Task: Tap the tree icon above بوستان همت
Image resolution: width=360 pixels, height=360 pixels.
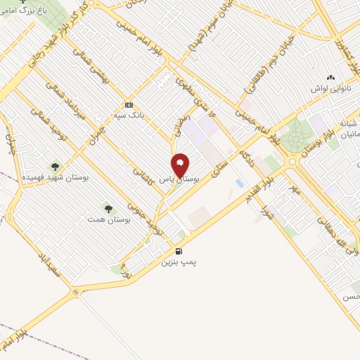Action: click(108, 209)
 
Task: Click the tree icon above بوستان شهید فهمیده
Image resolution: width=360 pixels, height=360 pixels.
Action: click(54, 166)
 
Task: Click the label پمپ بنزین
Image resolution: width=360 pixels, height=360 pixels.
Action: click(176, 262)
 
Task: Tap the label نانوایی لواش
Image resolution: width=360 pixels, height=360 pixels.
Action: click(331, 89)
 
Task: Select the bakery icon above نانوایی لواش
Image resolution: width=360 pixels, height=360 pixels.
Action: click(331, 78)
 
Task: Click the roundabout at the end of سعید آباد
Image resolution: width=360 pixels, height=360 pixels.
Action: click(75, 290)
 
